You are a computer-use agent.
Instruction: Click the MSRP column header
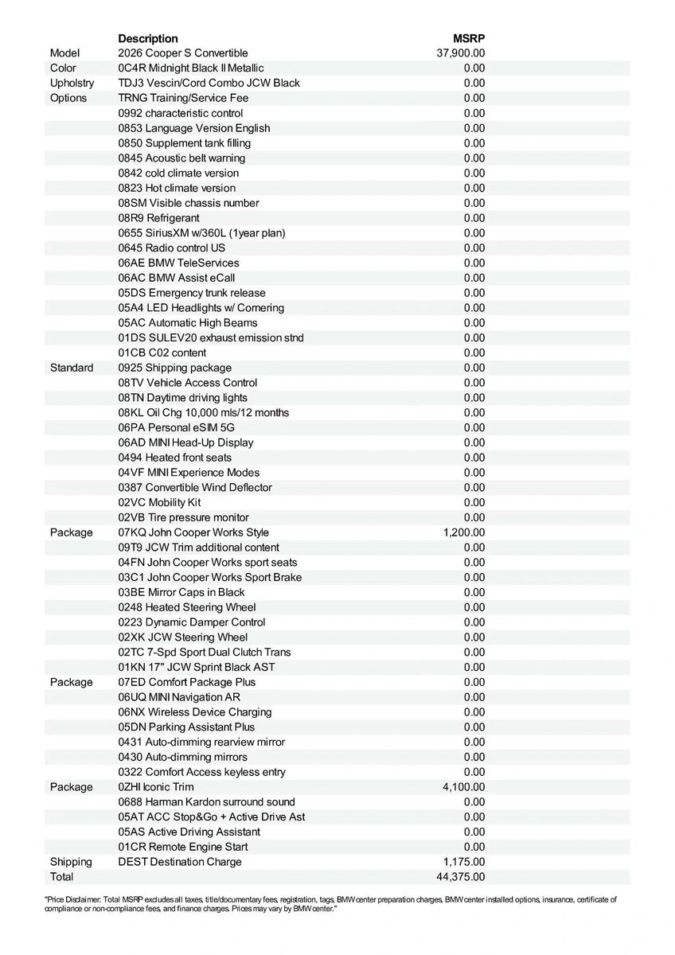point(469,38)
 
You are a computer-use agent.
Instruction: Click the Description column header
point(148,38)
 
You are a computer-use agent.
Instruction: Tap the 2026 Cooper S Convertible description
point(183,53)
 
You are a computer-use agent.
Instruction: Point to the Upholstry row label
point(72,83)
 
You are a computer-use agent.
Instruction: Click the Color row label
point(63,68)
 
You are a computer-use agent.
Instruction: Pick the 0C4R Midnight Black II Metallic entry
point(191,68)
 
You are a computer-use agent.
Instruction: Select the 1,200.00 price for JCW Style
point(464,532)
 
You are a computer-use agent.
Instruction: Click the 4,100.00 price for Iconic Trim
point(464,787)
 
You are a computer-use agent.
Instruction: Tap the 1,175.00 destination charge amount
point(464,862)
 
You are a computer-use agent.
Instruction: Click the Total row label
point(61,877)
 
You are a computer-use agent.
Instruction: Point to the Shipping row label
point(71,862)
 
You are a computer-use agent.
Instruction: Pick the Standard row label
point(72,368)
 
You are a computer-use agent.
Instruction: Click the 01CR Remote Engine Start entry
point(183,847)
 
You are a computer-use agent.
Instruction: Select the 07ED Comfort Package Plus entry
point(187,682)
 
